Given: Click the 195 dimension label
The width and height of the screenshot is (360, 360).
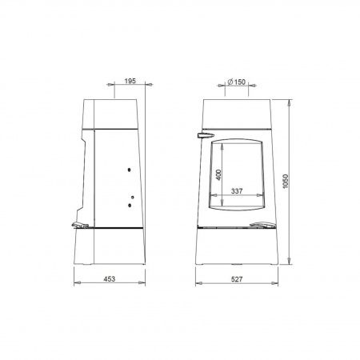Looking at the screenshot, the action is (x=130, y=81).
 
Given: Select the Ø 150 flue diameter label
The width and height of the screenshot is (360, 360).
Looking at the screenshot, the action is (x=237, y=82).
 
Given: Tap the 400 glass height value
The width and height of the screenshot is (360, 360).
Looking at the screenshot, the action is (x=218, y=174).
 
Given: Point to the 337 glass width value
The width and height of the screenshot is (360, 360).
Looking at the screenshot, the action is (x=237, y=191).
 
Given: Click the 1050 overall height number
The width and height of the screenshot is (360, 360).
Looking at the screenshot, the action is (x=286, y=182).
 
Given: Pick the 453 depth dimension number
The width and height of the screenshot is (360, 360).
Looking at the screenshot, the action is (x=110, y=279).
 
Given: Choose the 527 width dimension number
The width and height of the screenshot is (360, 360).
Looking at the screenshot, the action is (x=237, y=279).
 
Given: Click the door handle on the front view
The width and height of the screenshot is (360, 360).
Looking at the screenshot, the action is (x=206, y=135).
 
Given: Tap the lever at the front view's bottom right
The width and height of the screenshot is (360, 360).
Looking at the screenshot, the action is (x=262, y=225).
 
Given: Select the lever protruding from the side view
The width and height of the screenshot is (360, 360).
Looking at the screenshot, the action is (x=80, y=225).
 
